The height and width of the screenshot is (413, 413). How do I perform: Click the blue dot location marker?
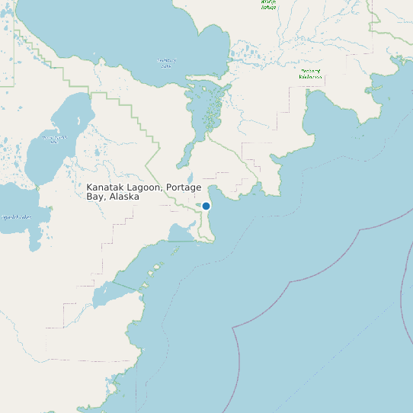point(206,206)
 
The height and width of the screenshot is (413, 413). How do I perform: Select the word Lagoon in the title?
point(149,187)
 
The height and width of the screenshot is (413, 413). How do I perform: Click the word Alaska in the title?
point(124,197)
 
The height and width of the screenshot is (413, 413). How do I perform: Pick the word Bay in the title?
point(96,197)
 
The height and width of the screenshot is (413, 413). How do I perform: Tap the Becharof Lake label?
point(167,62)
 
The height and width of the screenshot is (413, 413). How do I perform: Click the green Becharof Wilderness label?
point(310,74)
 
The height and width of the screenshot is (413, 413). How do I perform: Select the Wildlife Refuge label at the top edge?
point(268,5)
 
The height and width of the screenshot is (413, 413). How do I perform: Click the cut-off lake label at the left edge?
point(15,217)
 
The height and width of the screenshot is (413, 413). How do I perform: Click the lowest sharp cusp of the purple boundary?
point(233,329)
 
